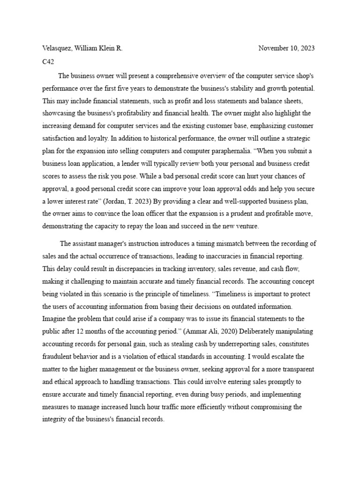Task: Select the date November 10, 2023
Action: click(x=286, y=48)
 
